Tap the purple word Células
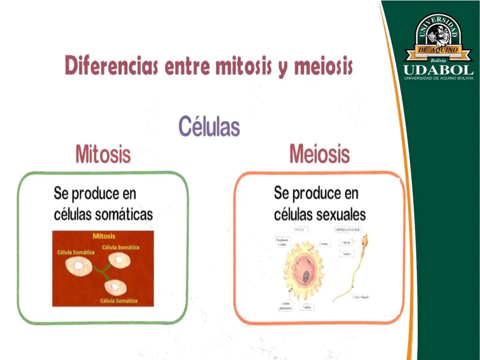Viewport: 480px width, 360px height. [209, 126]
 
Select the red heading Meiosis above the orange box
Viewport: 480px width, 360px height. [319, 154]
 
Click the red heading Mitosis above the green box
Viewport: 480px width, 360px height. [103, 154]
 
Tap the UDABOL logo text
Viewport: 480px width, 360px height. [438, 70]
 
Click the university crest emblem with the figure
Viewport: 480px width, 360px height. [438, 35]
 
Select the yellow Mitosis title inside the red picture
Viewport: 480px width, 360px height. [104, 236]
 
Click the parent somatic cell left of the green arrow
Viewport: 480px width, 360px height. [79, 266]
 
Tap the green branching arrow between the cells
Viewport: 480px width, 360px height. [103, 271]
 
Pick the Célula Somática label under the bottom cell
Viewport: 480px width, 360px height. [119, 301]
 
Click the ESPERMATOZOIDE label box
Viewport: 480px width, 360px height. [347, 230]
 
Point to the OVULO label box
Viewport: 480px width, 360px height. [299, 230]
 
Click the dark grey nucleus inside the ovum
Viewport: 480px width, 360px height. [306, 276]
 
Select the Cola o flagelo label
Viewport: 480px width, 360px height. [361, 297]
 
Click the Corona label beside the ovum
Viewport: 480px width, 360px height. [323, 244]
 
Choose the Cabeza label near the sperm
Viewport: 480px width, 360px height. [346, 242]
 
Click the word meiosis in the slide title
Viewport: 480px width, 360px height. [323, 65]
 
